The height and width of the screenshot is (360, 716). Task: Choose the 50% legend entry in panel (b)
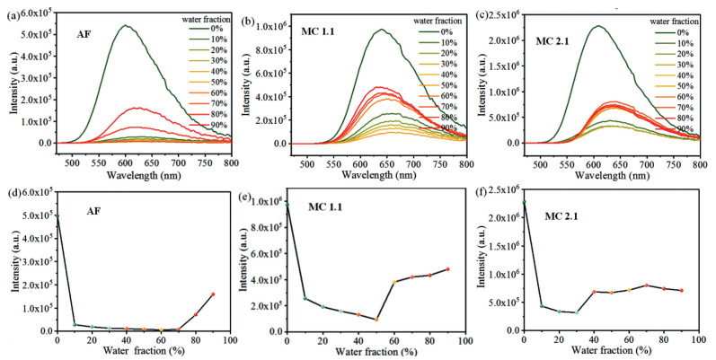tap(439, 83)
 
